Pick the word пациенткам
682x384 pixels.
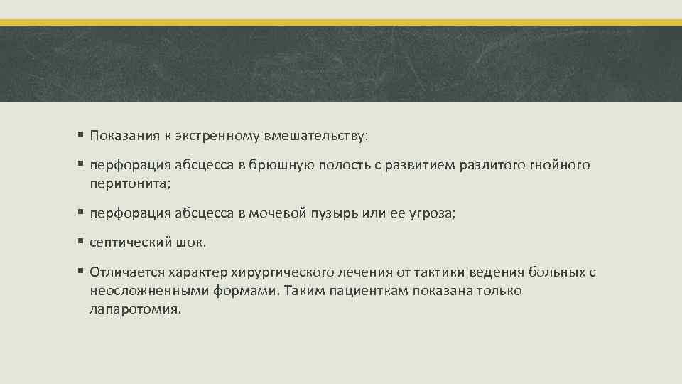(364, 291)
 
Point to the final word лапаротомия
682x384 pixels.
(136, 309)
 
